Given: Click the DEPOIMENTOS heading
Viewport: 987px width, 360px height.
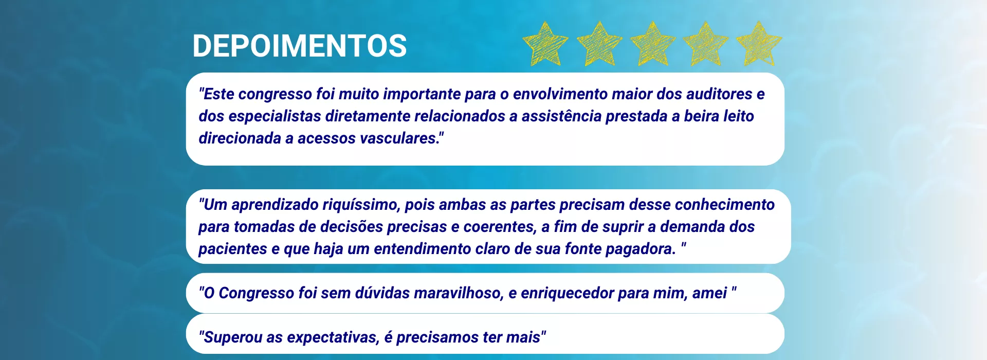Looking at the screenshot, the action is (x=300, y=46).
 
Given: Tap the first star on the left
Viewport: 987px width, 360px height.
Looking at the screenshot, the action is (x=545, y=44).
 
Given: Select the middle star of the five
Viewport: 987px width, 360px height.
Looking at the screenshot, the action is (x=653, y=44).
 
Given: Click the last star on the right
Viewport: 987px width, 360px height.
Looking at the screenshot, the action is (x=759, y=44).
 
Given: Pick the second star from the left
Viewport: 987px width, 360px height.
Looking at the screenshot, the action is (x=599, y=44).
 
